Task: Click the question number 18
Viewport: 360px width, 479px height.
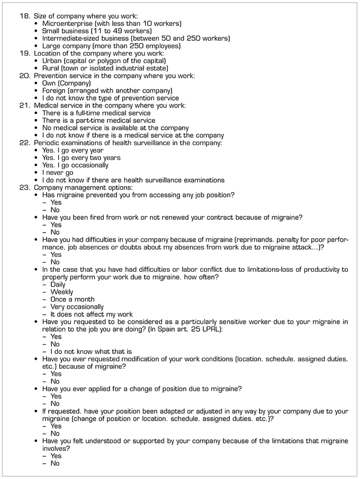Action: (x=25, y=16)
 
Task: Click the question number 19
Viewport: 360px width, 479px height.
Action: (x=25, y=54)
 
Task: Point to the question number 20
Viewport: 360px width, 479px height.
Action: (x=25, y=76)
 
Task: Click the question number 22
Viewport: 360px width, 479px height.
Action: (x=25, y=143)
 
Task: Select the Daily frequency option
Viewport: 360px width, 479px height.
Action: (x=58, y=285)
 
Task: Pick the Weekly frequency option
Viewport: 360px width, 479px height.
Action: (x=62, y=292)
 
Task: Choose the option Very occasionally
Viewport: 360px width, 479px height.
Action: (x=77, y=307)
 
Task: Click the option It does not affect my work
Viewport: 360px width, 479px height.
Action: (x=92, y=314)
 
